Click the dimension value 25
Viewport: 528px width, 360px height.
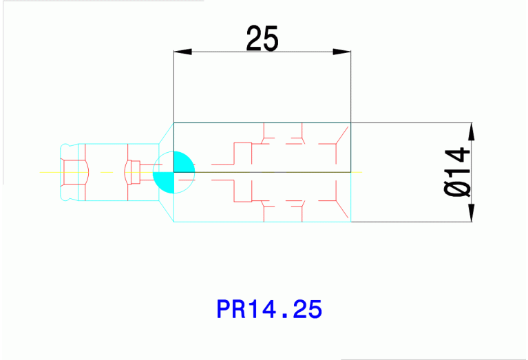(x=262, y=39)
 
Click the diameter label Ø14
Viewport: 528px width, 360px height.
(x=457, y=172)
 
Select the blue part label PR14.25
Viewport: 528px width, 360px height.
(x=269, y=309)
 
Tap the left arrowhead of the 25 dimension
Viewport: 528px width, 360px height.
(x=183, y=52)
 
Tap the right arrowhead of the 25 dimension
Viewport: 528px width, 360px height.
(x=341, y=52)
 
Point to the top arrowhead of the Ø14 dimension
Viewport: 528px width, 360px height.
(x=472, y=131)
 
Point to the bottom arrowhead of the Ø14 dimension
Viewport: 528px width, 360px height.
(x=472, y=213)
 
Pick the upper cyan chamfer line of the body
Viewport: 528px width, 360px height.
(x=167, y=134)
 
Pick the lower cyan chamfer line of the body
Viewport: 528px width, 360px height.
(x=167, y=211)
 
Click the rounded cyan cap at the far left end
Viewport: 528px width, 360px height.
(x=69, y=172)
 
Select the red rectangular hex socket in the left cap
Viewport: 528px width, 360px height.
(x=74, y=172)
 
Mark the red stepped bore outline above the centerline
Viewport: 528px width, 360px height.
(x=243, y=153)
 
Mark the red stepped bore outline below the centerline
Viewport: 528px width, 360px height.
(x=243, y=191)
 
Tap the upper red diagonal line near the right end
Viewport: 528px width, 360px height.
(x=341, y=136)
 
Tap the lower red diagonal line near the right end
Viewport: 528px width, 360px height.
(x=341, y=209)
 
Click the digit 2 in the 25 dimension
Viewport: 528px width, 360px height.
(x=254, y=39)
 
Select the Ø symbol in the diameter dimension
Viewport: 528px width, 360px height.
(x=457, y=189)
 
